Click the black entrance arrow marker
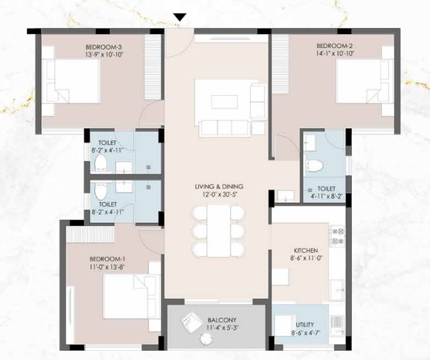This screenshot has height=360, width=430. pos(180,17)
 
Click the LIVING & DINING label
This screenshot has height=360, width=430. pos(219,187)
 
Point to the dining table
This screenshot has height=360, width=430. pos(219,231)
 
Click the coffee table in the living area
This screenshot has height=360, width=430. pos(224,102)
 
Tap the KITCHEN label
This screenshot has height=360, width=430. pos(306,250)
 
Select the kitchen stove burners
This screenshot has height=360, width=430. pos(337,236)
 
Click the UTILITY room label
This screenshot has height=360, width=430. pos(305,325)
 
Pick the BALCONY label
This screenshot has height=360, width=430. pos(222,320)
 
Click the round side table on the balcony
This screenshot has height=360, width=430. pos(207,339)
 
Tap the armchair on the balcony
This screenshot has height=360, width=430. pos(191,322)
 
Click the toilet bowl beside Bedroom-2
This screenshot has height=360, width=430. pos(314,166)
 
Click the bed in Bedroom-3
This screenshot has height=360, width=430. pos(71,81)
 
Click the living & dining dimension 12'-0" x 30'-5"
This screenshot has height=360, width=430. pos(219,194)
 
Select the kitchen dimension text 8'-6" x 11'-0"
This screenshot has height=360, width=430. pos(306,258)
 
